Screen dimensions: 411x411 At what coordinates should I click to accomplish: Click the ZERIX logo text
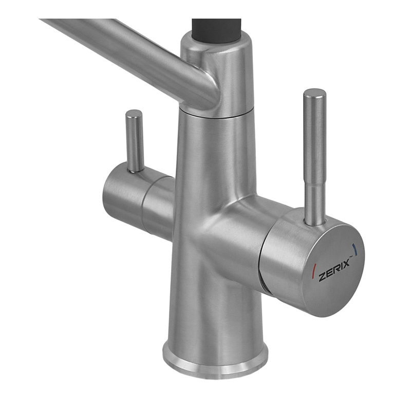[334, 270]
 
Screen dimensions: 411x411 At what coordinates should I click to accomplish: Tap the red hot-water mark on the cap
[314, 271]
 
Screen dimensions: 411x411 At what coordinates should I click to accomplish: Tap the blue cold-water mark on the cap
[354, 249]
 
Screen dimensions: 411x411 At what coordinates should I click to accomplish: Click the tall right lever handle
[315, 157]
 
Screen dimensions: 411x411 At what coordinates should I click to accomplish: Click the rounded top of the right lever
[315, 94]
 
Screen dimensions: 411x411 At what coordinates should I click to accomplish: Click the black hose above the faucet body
[216, 30]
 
